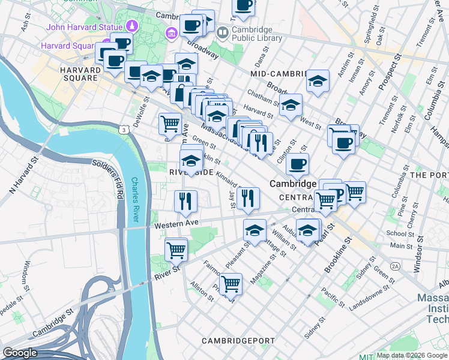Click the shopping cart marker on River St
tap(176, 249)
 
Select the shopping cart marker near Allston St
tap(231, 283)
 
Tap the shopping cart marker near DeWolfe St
tap(170, 123)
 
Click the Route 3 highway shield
tap(124, 129)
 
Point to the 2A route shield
tap(395, 266)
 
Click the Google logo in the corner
tap(20, 353)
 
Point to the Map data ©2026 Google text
tap(411, 355)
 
